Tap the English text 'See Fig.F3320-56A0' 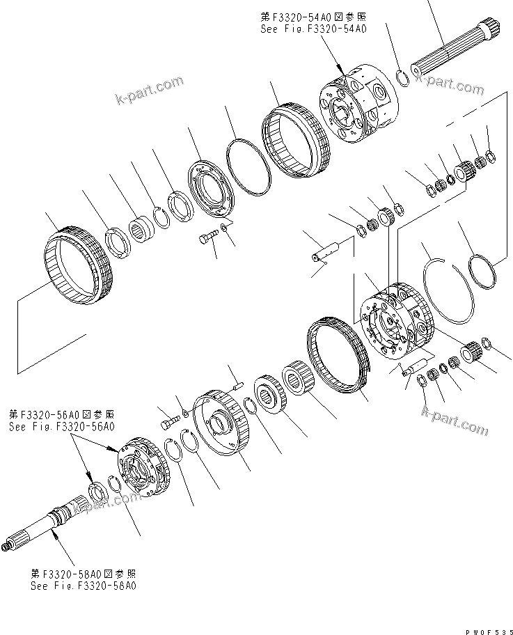point(61,425)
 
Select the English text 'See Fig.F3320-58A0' point(83,586)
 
